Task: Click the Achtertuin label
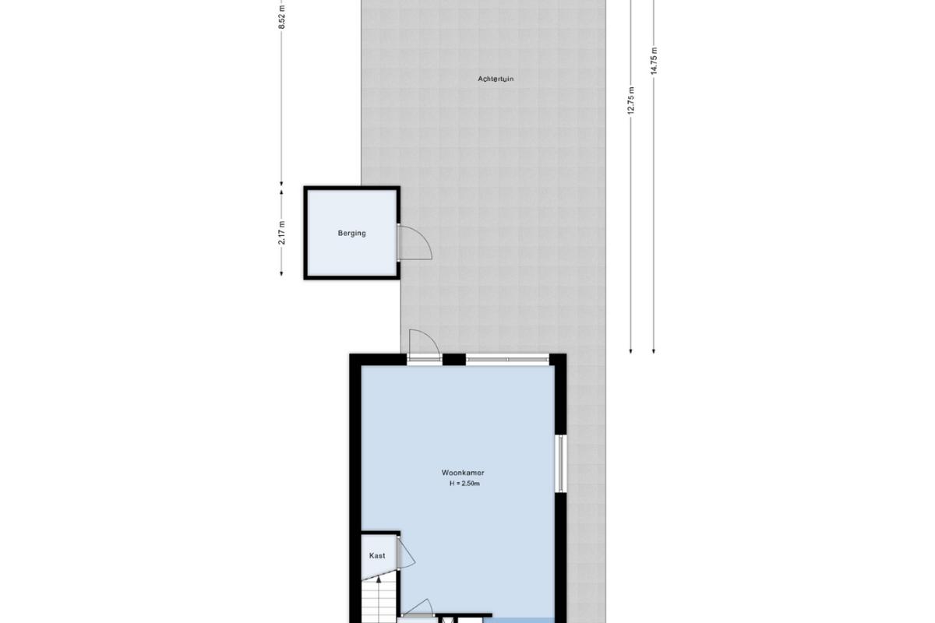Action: tap(496, 79)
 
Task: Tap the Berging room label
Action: tap(352, 234)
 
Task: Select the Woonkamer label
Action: tap(463, 473)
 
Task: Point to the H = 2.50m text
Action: tap(464, 484)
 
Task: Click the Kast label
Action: tap(377, 556)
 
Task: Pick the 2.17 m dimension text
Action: tap(282, 233)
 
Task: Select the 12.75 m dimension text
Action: tap(630, 100)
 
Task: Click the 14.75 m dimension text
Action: tap(654, 61)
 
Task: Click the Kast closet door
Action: tap(406, 554)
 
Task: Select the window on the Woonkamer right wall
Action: tap(560, 463)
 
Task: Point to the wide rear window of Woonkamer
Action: tap(507, 359)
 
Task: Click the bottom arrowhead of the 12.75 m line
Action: tap(630, 351)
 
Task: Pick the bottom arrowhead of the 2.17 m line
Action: tap(282, 273)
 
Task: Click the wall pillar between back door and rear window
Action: tap(453, 359)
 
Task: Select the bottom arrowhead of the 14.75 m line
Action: tap(654, 351)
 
